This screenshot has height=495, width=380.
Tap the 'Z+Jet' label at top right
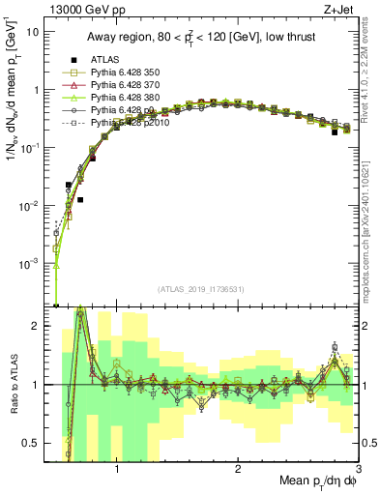point(338,9)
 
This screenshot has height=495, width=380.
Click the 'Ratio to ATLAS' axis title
point(13,385)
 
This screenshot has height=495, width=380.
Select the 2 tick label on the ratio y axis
point(35,327)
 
